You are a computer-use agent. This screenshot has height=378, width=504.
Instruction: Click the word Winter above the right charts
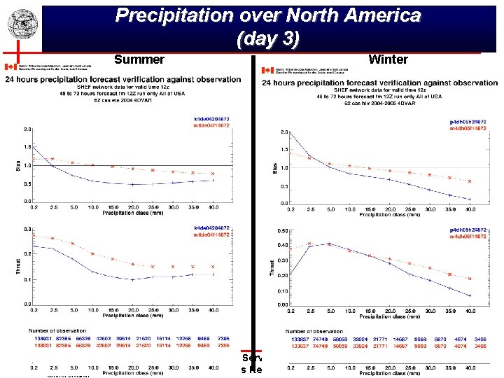click(387, 59)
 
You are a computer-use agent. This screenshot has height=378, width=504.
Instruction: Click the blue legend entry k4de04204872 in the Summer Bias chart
click(213, 118)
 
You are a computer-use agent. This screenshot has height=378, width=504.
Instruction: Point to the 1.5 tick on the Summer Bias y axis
click(27, 148)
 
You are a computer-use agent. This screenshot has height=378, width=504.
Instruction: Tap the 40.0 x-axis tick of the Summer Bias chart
click(213, 208)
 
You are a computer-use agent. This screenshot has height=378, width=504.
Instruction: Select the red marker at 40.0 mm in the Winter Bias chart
click(469, 181)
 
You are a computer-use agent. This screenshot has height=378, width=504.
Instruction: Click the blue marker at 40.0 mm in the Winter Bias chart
click(469, 199)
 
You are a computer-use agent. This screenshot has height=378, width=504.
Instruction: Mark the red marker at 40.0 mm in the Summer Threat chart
click(213, 267)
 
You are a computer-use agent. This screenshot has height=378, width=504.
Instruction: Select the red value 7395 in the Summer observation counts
click(222, 345)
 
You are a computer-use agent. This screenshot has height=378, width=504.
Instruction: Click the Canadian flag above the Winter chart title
click(266, 70)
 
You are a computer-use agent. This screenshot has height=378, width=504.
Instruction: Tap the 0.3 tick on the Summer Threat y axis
click(27, 229)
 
